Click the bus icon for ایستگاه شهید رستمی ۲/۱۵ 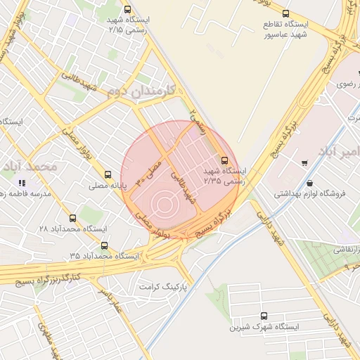pos(127,10)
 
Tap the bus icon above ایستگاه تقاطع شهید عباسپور pos(285,13)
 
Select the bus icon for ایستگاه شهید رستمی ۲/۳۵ pos(225,160)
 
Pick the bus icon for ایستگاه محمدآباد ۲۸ pos(72,218)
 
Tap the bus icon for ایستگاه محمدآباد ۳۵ pos(105,245)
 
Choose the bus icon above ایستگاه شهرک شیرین pos(264,316)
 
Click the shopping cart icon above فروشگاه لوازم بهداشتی pos(304,164)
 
